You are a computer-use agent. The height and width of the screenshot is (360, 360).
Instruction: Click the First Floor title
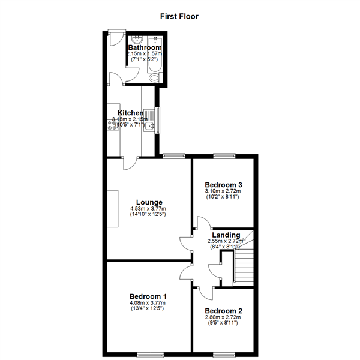(x=179, y=16)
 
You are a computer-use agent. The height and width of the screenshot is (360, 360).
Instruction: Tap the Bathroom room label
(x=145, y=47)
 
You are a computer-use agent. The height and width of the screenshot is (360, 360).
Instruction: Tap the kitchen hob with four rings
(x=112, y=126)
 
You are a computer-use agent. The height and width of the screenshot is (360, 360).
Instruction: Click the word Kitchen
(x=130, y=113)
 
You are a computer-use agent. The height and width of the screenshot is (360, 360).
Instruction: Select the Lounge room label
(x=149, y=202)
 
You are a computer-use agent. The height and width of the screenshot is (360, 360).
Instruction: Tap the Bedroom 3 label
(x=223, y=185)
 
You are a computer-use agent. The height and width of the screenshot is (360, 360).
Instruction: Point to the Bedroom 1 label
(x=148, y=296)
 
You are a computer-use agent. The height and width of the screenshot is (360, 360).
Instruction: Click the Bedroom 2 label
(x=223, y=311)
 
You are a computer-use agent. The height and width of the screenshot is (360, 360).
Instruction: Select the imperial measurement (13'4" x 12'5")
(x=148, y=309)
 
